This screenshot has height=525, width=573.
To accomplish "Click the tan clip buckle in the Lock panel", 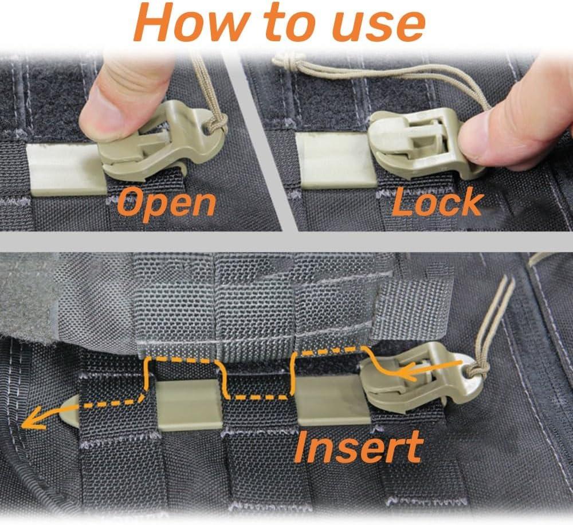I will tap(413, 143).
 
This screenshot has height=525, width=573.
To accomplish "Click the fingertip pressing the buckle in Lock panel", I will tap(487, 138).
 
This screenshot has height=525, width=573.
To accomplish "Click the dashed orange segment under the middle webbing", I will tap(258, 397).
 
